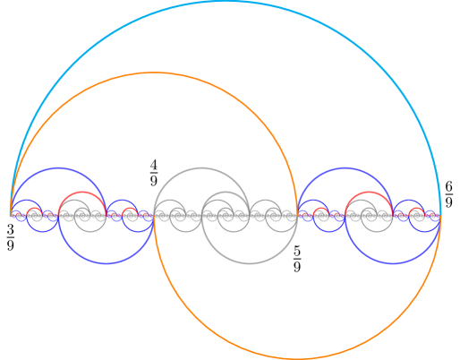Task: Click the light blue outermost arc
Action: [226, 2]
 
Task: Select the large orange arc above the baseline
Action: [154, 73]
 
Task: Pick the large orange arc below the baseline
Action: [297, 357]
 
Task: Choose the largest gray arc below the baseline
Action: [249, 263]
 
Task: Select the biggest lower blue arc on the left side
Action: [106, 263]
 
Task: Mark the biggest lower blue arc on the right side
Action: [392, 263]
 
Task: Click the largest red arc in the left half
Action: [82, 193]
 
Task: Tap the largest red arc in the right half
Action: [369, 193]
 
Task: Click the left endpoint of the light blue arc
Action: [11, 216]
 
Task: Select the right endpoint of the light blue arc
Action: [440, 216]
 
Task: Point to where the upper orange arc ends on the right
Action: [297, 216]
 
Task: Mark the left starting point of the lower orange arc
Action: [154, 216]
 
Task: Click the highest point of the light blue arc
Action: [226, 2]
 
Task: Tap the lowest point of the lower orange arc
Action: [297, 357]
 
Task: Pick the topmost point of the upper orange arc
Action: [154, 73]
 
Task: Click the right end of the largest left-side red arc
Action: [106, 216]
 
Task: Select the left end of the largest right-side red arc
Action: [345, 216]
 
